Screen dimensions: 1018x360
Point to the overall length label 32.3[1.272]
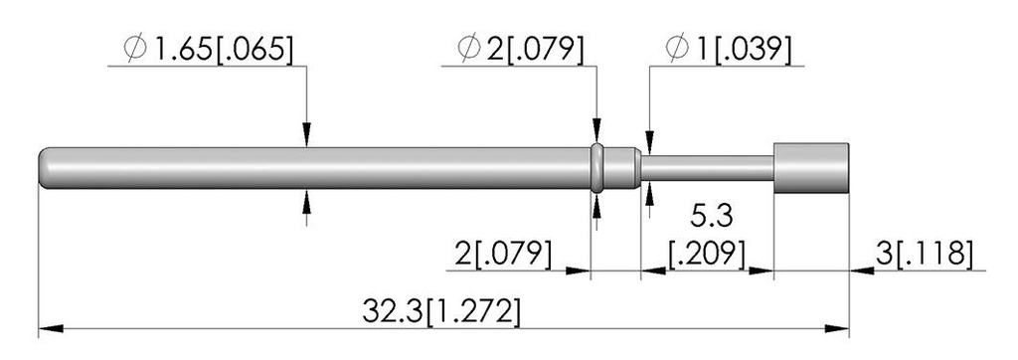pos(440,312)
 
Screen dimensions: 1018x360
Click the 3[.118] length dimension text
pos(925,254)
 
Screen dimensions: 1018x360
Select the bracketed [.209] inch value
pos(707,254)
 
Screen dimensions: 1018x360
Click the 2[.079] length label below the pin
pos(504,254)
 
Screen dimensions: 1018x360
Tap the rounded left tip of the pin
pos(44,168)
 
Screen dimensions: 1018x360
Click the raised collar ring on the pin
pos(597,168)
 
